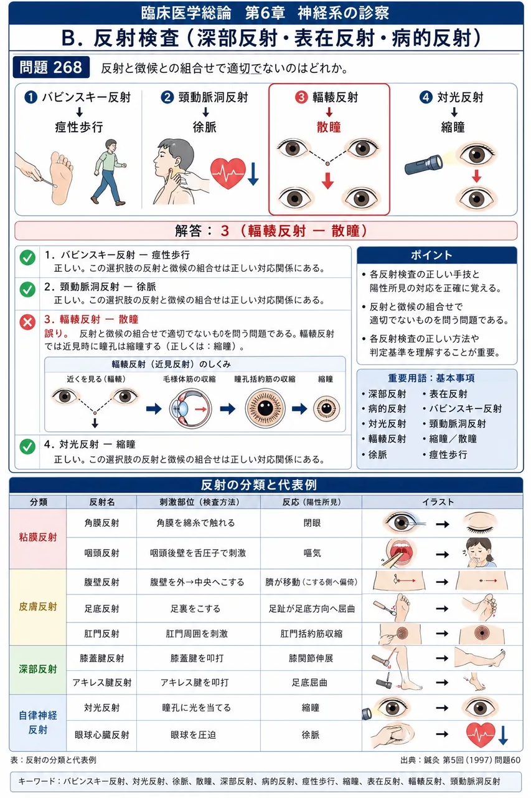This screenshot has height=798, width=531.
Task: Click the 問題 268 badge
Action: [x=51, y=67]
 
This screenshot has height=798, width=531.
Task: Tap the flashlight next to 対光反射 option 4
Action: [x=423, y=164]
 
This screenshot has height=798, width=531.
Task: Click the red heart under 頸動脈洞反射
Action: [x=228, y=173]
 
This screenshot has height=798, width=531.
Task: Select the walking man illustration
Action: [x=109, y=172]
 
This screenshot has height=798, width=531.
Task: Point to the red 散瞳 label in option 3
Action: [x=329, y=127]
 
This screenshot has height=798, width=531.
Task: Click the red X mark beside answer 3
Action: [x=27, y=322]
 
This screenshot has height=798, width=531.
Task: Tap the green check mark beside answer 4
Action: [x=27, y=446]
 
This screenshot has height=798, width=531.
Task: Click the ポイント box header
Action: [x=436, y=255]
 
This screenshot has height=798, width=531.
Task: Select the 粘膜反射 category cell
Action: [x=38, y=538]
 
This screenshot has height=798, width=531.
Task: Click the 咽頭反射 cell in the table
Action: [x=101, y=553]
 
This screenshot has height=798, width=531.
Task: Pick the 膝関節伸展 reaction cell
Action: [x=311, y=658]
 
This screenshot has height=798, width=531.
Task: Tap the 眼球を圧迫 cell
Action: [x=193, y=734]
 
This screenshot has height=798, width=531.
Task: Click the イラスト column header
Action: [x=442, y=502]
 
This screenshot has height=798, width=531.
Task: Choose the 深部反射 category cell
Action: [x=38, y=670]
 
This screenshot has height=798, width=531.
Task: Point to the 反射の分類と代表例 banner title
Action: [x=258, y=485]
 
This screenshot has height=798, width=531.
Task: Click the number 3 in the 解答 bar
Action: [x=225, y=231]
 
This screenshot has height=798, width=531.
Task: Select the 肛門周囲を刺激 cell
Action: [x=197, y=633]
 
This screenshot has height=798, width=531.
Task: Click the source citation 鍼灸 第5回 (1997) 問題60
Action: [x=460, y=760]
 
